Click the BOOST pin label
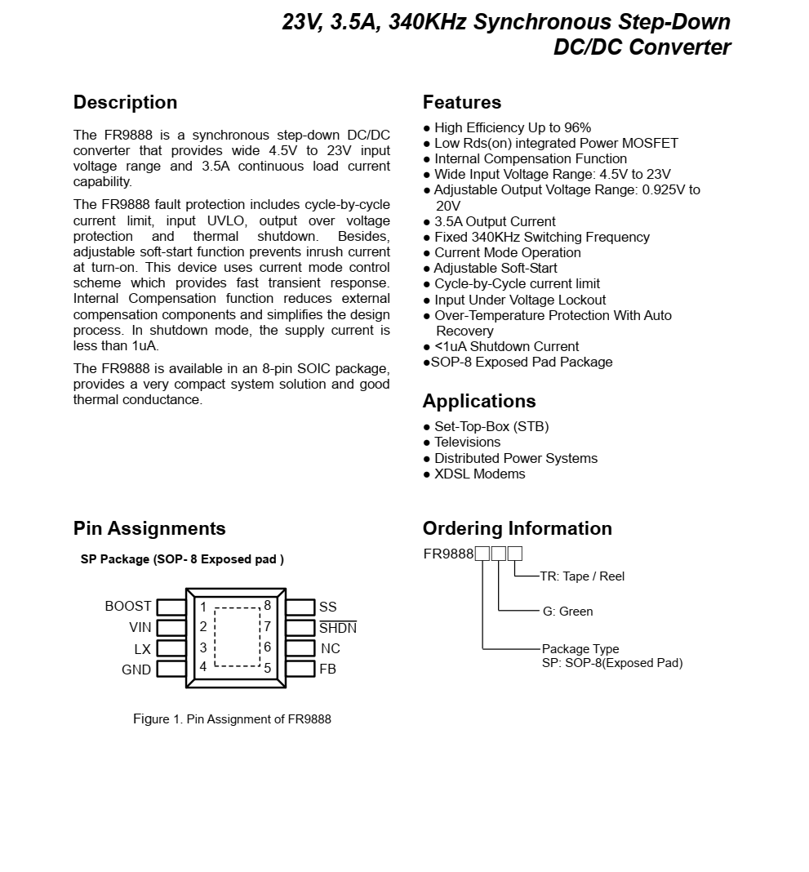[128, 607]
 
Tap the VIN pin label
[140, 628]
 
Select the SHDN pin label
[338, 629]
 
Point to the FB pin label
[327, 670]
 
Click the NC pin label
[331, 649]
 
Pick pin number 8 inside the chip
[267, 606]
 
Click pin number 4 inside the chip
[203, 667]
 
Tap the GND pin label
[136, 670]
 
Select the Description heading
[125, 103]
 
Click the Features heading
[462, 103]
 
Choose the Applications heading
[479, 402]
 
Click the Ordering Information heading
[518, 529]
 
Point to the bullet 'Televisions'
[467, 443]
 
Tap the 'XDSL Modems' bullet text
[479, 474]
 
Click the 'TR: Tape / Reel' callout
[582, 576]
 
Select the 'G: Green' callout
[568, 612]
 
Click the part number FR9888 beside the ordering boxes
[448, 554]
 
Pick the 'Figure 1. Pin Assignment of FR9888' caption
[232, 719]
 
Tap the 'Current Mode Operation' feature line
[507, 253]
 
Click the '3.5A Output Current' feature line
[495, 222]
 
